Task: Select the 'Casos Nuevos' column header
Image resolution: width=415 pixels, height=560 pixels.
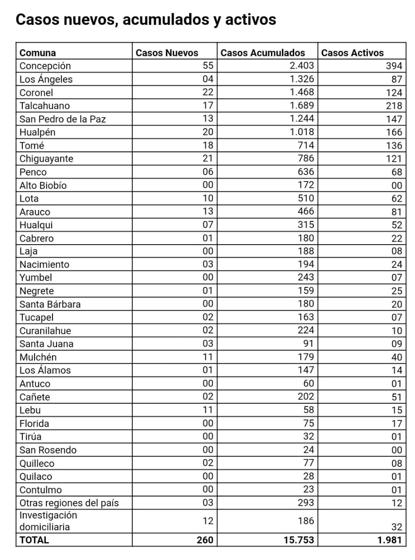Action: (167, 53)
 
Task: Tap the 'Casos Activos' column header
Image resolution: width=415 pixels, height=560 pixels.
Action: (352, 53)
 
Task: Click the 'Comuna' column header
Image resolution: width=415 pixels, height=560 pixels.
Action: (38, 53)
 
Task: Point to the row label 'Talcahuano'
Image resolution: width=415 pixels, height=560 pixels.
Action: (45, 105)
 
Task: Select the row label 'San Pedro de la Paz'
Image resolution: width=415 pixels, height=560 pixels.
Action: (63, 119)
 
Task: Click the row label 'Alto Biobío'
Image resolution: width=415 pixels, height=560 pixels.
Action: (43, 185)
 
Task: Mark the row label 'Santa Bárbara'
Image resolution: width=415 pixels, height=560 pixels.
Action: (50, 304)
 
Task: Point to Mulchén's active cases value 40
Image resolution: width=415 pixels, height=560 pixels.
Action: (397, 357)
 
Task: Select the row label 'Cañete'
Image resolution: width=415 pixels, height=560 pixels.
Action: (35, 397)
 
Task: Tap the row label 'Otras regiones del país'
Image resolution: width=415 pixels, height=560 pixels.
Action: (69, 503)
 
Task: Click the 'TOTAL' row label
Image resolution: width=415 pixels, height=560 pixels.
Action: (34, 540)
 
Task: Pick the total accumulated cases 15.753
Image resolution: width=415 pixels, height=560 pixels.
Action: (299, 540)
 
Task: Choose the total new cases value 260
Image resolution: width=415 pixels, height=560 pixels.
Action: (205, 540)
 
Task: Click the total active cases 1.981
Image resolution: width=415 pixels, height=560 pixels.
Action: (389, 540)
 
